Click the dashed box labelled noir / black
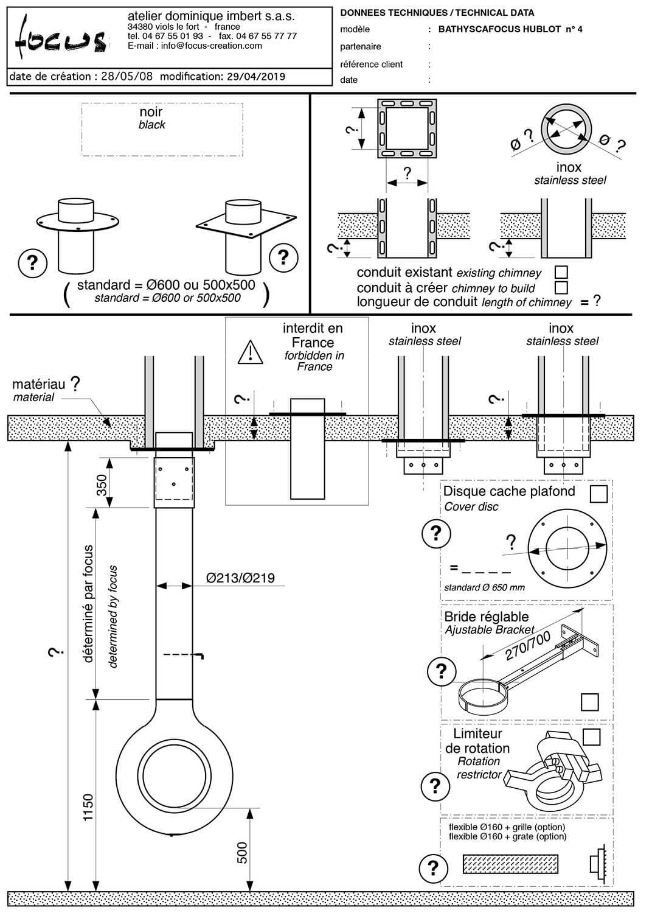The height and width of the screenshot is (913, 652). (162, 129)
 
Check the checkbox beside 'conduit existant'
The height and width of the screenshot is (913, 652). (561, 272)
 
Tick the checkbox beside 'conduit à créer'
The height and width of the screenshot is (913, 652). (561, 287)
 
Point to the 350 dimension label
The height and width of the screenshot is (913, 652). (102, 484)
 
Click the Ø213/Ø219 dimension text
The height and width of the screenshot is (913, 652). (240, 578)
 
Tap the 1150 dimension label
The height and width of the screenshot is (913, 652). (89, 807)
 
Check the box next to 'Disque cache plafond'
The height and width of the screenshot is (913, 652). (598, 494)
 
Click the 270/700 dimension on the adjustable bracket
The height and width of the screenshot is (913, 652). (527, 646)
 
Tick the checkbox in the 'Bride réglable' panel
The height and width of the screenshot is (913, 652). (589, 702)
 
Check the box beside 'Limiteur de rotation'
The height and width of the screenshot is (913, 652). (591, 736)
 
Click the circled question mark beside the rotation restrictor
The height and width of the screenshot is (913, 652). (434, 786)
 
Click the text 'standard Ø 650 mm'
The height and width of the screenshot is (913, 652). (484, 587)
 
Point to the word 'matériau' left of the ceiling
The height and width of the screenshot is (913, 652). (38, 385)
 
